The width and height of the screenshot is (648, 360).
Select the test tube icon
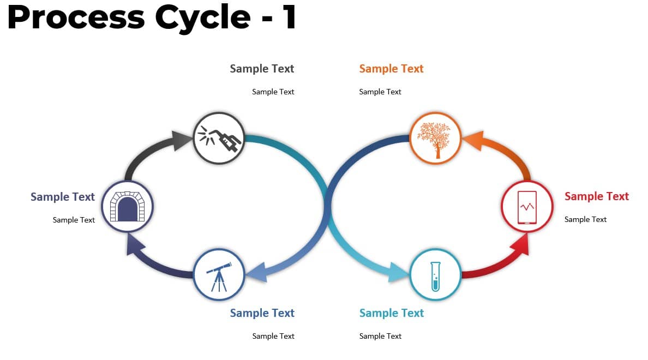tap(435, 276)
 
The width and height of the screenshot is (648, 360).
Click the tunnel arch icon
tap(127, 206)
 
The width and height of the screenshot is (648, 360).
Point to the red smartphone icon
tap(527, 207)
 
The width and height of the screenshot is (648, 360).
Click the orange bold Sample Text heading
tap(391, 69)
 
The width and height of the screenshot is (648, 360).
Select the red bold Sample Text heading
tap(596, 196)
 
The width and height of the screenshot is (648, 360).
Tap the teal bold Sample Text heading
tap(391, 313)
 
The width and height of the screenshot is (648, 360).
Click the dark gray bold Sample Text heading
tap(262, 69)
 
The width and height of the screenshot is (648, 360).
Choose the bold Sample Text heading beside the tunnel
tap(62, 197)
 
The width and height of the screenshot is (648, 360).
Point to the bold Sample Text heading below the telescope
tap(262, 313)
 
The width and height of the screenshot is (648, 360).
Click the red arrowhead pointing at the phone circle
tap(521, 244)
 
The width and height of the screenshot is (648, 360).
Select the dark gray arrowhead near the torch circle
tap(182, 141)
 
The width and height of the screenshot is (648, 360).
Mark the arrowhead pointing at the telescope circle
tap(256, 272)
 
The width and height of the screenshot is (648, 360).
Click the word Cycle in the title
tap(202, 17)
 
